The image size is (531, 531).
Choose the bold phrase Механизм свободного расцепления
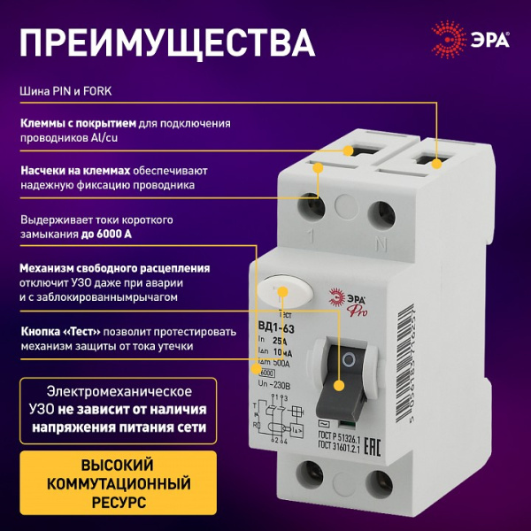click(x=114, y=267)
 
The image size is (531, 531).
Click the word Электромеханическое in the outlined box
click(x=119, y=390)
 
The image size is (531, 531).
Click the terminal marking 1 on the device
click(x=311, y=238)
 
